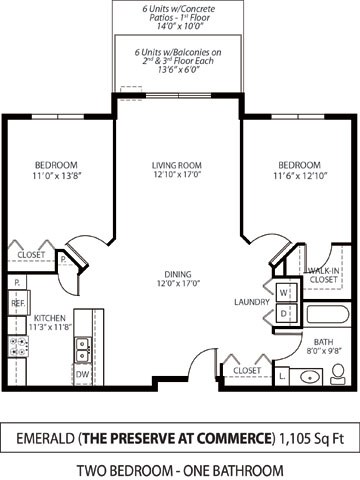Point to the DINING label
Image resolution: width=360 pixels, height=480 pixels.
[x=178, y=277]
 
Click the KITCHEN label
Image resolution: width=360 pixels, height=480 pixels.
[x=24, y=320]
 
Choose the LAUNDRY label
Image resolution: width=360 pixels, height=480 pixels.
[x=249, y=301]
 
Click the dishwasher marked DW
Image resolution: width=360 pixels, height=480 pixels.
[x=82, y=374]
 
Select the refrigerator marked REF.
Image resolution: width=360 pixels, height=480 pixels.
[x=18, y=301]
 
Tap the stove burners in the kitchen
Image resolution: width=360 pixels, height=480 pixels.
[x=18, y=347]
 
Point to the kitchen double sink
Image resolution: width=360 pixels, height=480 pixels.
[x=82, y=348]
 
